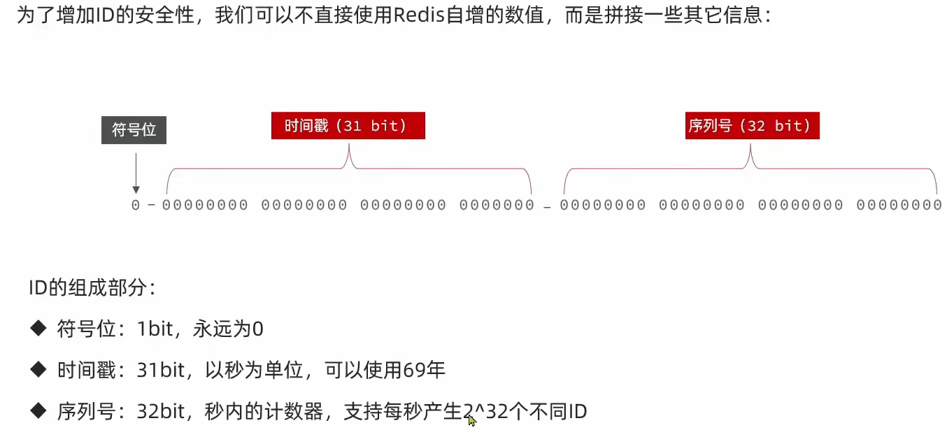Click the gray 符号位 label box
click(134, 129)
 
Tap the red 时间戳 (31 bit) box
click(348, 126)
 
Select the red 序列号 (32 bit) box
click(752, 126)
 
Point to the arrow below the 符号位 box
click(136, 172)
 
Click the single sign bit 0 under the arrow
click(136, 205)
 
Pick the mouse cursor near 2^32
click(472, 420)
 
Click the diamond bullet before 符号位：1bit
click(38, 329)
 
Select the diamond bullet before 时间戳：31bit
click(38, 370)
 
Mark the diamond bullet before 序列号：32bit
click(38, 411)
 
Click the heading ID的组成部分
click(87, 287)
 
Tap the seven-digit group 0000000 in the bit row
click(497, 205)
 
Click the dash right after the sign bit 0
click(151, 205)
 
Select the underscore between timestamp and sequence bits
click(547, 208)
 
